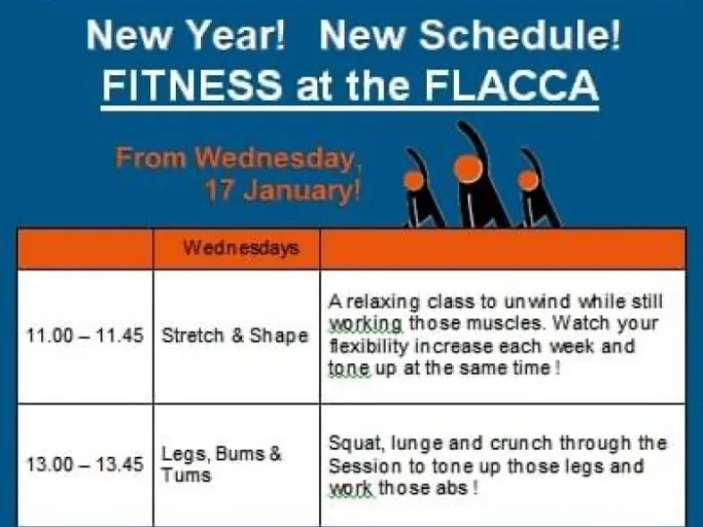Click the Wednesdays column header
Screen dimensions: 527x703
(x=240, y=249)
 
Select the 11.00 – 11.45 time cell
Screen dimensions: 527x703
(x=84, y=336)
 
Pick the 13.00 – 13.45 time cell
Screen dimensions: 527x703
(x=84, y=465)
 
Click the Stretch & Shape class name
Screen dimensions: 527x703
(x=234, y=336)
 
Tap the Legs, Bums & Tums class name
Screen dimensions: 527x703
(x=222, y=465)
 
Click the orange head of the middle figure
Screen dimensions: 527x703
(x=469, y=169)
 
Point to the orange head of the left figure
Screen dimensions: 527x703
(x=414, y=181)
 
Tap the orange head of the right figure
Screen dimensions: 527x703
(x=528, y=180)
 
